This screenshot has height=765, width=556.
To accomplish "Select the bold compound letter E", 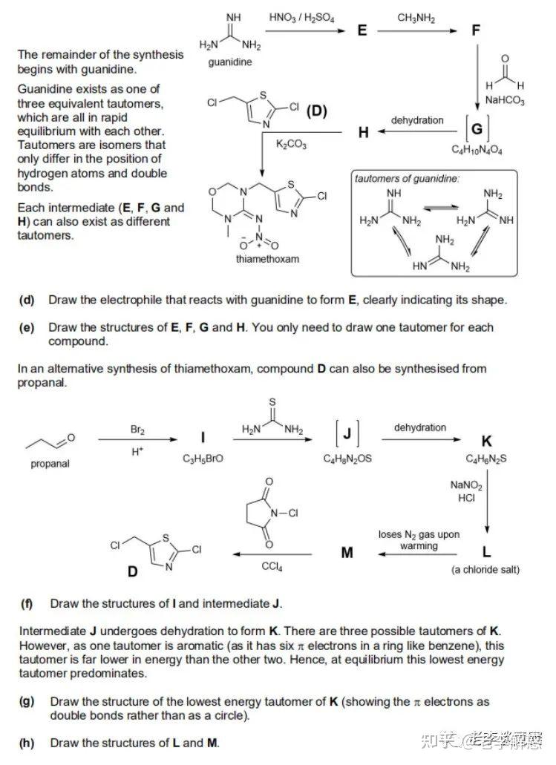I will click(362, 31).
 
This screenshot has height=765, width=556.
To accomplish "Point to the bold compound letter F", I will click(476, 31).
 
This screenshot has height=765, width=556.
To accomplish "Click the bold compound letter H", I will click(363, 132).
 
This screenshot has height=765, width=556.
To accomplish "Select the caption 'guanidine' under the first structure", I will click(229, 62).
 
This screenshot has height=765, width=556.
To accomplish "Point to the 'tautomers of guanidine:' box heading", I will click(406, 179).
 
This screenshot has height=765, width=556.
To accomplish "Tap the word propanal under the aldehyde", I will click(50, 464).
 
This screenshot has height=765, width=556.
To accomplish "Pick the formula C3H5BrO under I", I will click(203, 459).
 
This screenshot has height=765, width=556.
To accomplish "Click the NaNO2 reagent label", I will click(466, 486).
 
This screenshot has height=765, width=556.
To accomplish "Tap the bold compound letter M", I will click(347, 554).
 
